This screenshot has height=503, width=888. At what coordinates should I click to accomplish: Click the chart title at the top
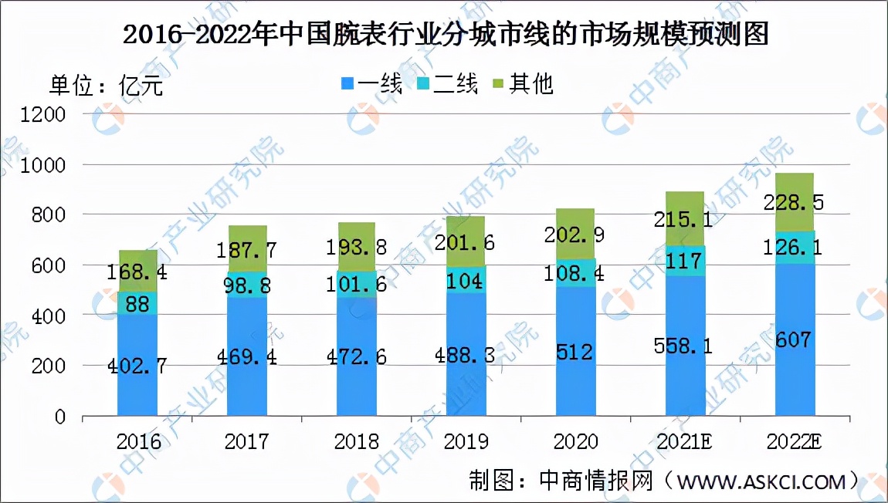pos(446,35)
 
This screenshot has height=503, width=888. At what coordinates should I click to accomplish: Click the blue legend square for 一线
pos(347,83)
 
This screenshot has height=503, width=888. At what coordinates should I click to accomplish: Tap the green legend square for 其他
pos(498,83)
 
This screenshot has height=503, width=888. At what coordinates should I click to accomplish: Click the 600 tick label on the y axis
pos(51,265)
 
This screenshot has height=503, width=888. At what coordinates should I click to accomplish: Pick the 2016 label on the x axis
pos(138,442)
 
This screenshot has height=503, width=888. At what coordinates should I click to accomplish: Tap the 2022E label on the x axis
pos(796,442)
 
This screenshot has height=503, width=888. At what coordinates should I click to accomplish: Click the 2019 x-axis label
pos(466,442)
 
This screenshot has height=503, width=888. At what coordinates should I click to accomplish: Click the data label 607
pos(795,339)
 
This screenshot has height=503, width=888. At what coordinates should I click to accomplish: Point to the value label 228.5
pos(795,202)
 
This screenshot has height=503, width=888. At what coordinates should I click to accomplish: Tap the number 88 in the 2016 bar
pos(138,303)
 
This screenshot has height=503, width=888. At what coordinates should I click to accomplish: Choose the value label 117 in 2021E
pos(686,262)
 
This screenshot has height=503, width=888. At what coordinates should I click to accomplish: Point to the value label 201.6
pos(466,242)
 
